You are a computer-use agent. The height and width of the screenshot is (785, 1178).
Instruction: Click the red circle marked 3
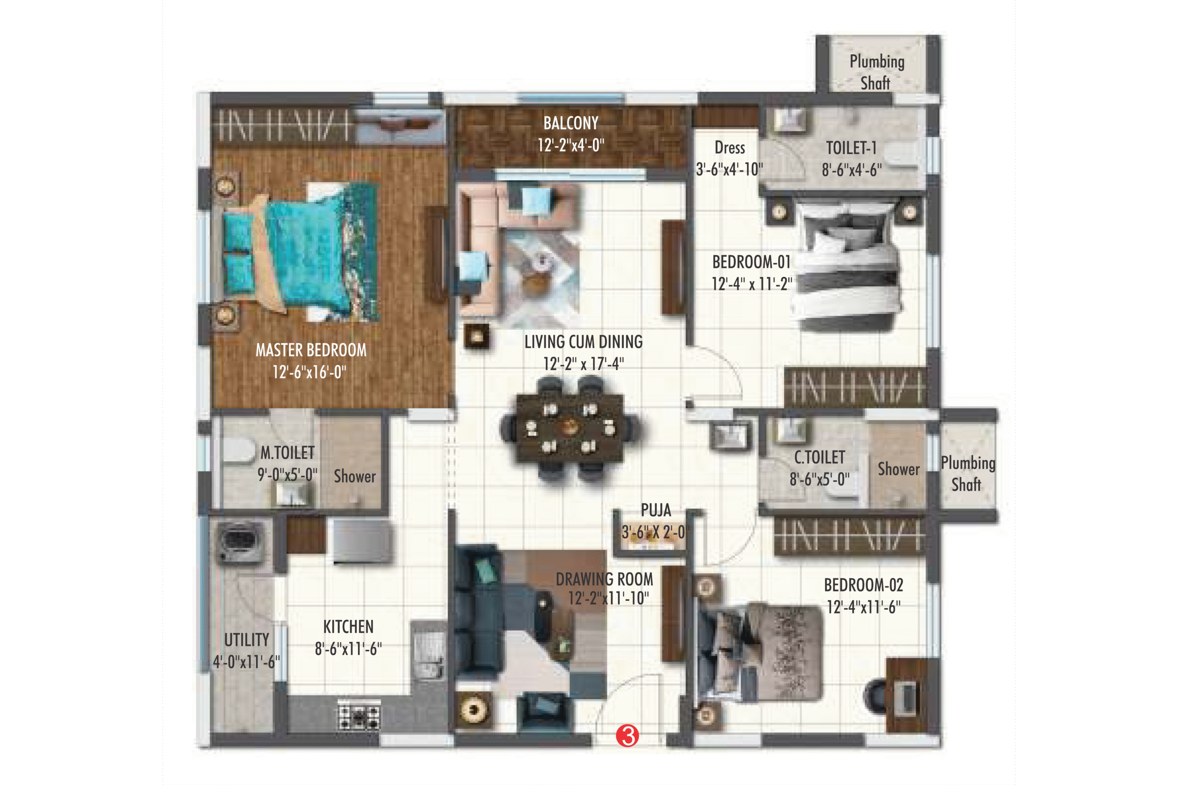click(x=627, y=735)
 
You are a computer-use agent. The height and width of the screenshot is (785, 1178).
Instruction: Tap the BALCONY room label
click(x=571, y=123)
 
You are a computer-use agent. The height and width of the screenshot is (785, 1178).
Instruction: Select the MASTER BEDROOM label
click(x=311, y=350)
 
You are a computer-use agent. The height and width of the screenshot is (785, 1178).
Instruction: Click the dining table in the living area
click(x=570, y=428)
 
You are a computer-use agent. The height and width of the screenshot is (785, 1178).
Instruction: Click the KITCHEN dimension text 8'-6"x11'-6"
click(x=348, y=649)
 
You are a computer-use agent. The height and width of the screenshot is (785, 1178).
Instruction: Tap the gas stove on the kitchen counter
click(x=358, y=715)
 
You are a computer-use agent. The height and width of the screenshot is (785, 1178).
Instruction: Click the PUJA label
click(x=656, y=510)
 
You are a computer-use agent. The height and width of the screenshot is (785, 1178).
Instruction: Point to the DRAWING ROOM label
click(x=605, y=579)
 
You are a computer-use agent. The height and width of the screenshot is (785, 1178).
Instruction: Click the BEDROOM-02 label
click(x=863, y=585)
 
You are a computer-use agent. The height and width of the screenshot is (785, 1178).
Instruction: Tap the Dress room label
click(x=730, y=148)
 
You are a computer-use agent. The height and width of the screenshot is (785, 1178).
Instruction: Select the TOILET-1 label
click(x=851, y=148)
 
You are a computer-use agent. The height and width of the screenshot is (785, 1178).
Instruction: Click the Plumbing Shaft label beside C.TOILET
click(x=968, y=474)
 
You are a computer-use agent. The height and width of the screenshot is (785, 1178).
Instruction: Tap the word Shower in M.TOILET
click(x=355, y=476)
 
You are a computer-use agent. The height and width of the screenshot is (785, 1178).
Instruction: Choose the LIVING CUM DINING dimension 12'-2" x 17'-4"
click(x=583, y=363)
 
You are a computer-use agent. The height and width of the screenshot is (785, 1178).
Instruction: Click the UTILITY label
click(x=247, y=640)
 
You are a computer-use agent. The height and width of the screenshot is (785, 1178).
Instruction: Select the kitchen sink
click(x=427, y=651)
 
